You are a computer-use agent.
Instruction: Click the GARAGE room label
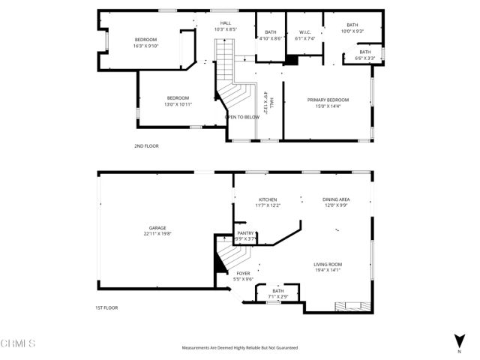click(157, 228)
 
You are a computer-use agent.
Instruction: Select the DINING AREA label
click(336, 199)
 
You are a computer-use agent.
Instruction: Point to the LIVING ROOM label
click(328, 265)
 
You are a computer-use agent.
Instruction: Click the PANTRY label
click(245, 234)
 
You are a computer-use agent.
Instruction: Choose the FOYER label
click(243, 274)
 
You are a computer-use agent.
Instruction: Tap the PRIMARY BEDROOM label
click(328, 100)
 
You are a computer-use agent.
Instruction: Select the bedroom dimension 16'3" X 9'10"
click(145, 46)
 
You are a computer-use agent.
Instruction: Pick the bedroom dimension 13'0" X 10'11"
click(178, 104)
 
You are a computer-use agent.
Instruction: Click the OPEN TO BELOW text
click(242, 117)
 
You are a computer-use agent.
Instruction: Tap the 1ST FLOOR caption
click(106, 307)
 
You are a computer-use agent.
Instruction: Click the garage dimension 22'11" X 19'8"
click(157, 234)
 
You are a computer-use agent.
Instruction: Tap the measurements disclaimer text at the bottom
click(240, 347)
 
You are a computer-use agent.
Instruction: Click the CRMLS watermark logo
click(18, 344)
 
